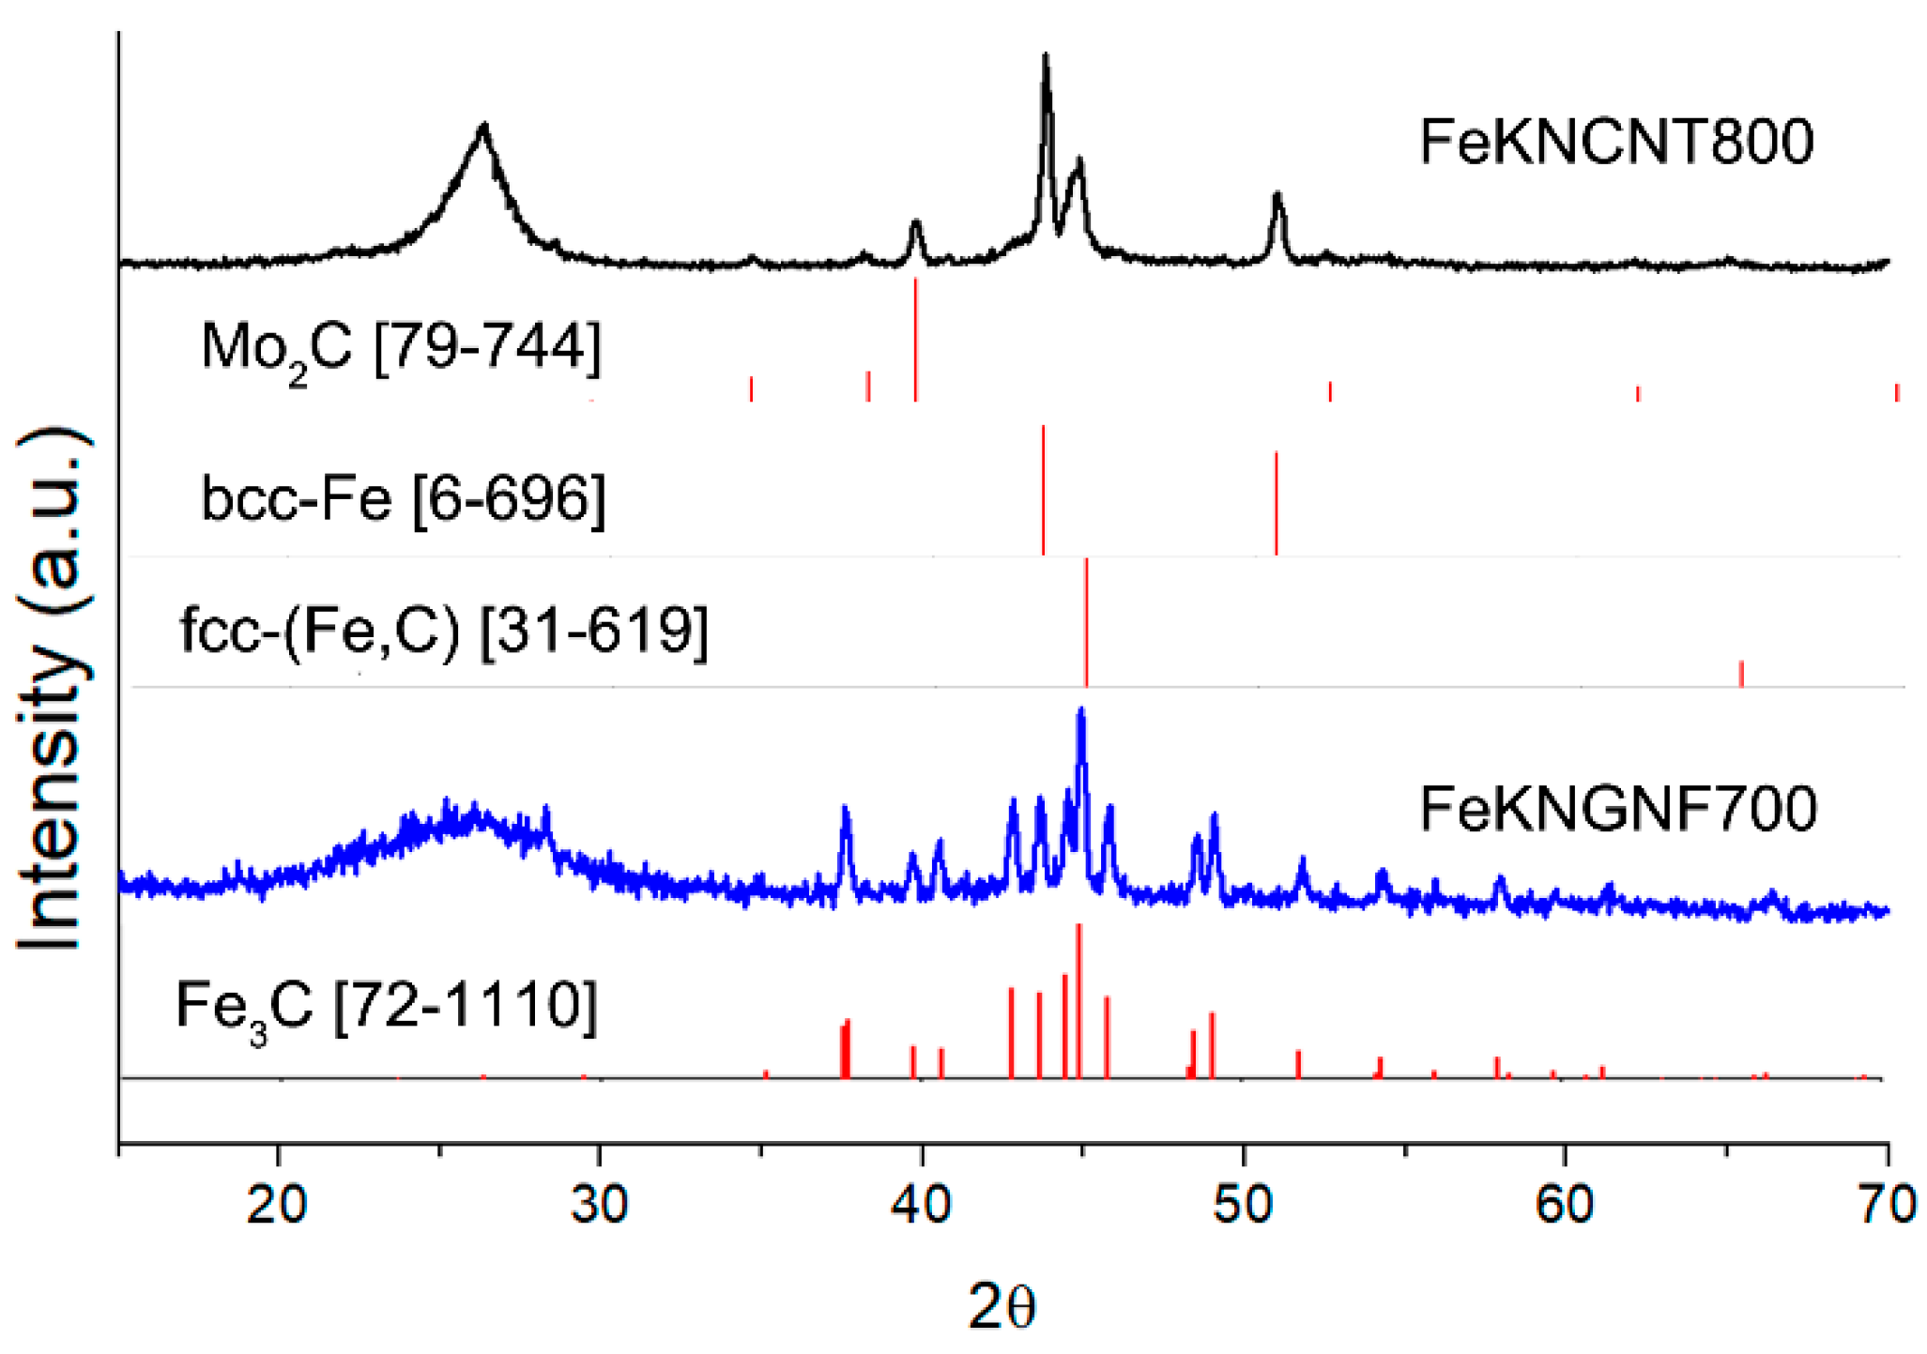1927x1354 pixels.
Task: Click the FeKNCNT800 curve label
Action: pyautogui.click(x=1616, y=143)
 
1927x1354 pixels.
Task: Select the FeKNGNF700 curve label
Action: pyautogui.click(x=1618, y=809)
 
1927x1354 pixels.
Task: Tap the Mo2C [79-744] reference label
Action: pyautogui.click(x=401, y=349)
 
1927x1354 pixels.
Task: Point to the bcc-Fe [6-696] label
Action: pyautogui.click(x=403, y=498)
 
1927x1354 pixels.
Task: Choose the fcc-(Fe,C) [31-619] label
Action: pyautogui.click(x=443, y=630)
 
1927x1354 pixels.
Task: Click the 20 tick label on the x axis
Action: pyautogui.click(x=277, y=1204)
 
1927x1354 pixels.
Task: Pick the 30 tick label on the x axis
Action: pyautogui.click(x=599, y=1204)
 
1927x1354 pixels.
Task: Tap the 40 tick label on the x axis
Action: pyautogui.click(x=922, y=1204)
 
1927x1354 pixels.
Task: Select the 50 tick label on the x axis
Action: pyautogui.click(x=1243, y=1204)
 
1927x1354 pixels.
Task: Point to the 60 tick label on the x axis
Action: pyautogui.click(x=1565, y=1204)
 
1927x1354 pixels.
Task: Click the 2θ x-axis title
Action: pyautogui.click(x=1002, y=1307)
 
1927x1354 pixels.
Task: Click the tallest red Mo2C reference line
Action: pyautogui.click(x=915, y=338)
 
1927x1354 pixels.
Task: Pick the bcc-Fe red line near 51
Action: pyautogui.click(x=1276, y=503)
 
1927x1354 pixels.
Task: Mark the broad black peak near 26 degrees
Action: pyautogui.click(x=483, y=128)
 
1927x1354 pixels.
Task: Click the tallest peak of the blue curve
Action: pyautogui.click(x=1081, y=713)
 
